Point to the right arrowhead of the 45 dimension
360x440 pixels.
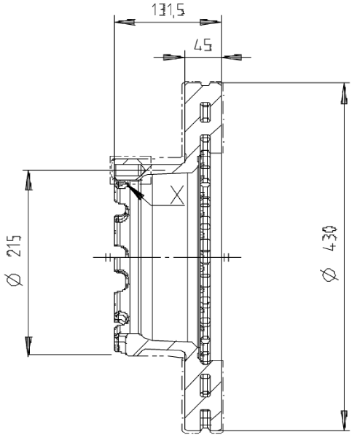(235, 56)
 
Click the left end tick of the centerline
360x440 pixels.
(106, 257)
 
